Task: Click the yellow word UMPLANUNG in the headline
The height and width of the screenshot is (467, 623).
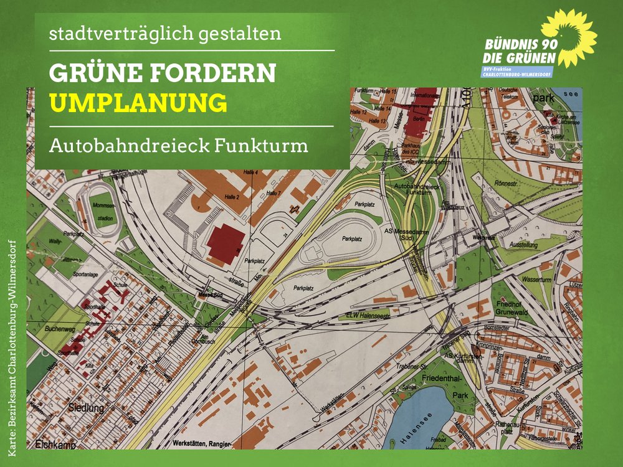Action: point(138,103)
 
